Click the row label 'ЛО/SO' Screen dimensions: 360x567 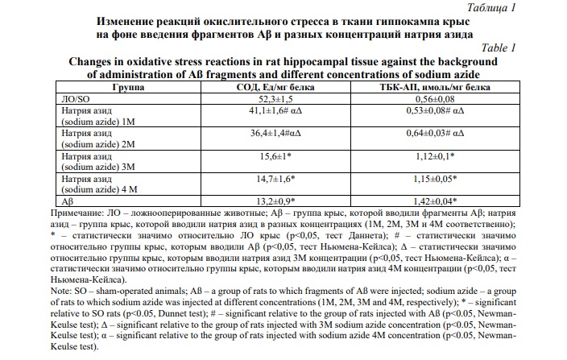pyautogui.click(x=66, y=97)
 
